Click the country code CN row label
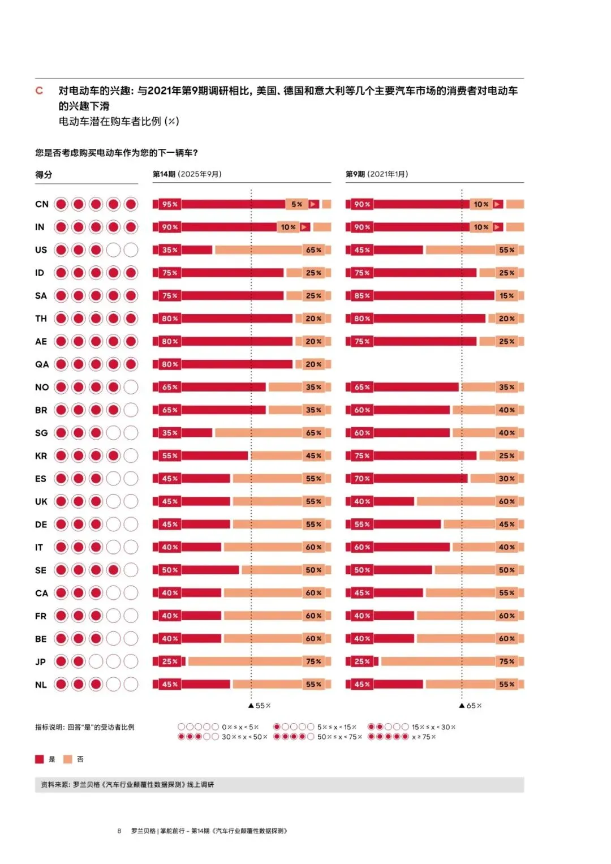coord(42,204)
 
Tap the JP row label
coord(41,661)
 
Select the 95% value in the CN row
coord(170,204)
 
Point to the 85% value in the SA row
coord(362,295)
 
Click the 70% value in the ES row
coord(362,479)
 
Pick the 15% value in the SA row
coord(507,295)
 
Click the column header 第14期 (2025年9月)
coord(187,174)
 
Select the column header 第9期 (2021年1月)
coord(377,174)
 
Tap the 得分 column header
coord(44,175)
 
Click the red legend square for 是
coord(40,759)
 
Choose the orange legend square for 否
coord(68,759)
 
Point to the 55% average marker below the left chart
coord(260,706)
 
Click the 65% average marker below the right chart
coord(471,706)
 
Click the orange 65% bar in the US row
coord(272,250)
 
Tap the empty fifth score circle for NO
coord(131,387)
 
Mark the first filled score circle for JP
coord(61,661)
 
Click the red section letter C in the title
coord(39,91)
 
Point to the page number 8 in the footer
coord(119,831)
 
